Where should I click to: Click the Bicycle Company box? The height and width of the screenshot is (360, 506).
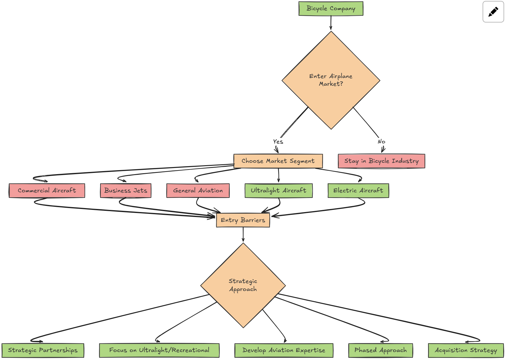pos(331,9)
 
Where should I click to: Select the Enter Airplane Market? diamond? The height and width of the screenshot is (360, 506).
pos(331,80)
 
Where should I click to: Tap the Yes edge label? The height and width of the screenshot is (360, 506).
pos(278,141)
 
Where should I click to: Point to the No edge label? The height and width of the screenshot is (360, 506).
pos(381,141)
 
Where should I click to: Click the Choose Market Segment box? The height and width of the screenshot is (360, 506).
pos(278,161)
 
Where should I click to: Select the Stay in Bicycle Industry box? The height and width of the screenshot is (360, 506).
pos(381,161)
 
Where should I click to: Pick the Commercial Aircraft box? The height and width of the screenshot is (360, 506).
pos(47,190)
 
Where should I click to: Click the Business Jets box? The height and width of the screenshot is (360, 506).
pos(126,190)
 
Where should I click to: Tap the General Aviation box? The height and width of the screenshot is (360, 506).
pos(198,190)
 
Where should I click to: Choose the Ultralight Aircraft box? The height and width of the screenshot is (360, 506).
pos(279,190)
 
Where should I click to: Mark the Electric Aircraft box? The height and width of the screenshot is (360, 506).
pos(358,190)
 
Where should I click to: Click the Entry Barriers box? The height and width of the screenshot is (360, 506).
pos(243,220)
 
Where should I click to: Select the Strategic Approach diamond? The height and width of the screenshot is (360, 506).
pos(243,285)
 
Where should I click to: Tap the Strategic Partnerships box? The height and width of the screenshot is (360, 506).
pos(43,350)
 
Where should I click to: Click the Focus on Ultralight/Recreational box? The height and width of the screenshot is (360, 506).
pos(159,350)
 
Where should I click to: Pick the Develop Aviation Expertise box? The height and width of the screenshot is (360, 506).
pos(284,350)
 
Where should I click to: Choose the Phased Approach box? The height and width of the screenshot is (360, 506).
pos(381,350)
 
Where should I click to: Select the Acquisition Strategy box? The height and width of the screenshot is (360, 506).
pos(466,350)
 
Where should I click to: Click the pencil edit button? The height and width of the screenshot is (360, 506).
pos(493,12)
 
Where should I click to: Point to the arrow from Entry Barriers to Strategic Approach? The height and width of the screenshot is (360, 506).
pos(243,235)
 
